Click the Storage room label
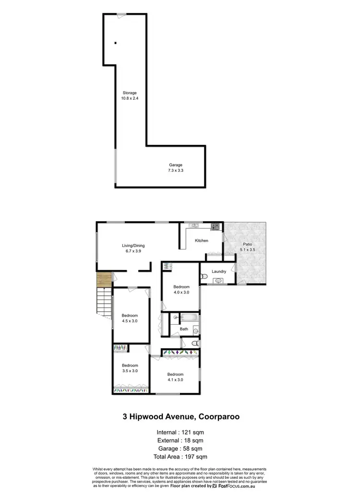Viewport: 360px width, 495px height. (x=129, y=93)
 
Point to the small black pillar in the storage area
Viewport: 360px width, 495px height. (x=116, y=43)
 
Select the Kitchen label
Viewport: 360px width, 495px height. (x=201, y=240)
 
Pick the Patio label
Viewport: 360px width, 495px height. (x=247, y=244)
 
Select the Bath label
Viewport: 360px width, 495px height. (x=184, y=329)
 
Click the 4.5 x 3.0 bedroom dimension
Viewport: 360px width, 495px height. (x=130, y=321)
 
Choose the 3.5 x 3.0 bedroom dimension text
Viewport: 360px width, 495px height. (x=129, y=371)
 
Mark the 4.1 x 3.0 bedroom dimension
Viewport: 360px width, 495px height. (x=175, y=380)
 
